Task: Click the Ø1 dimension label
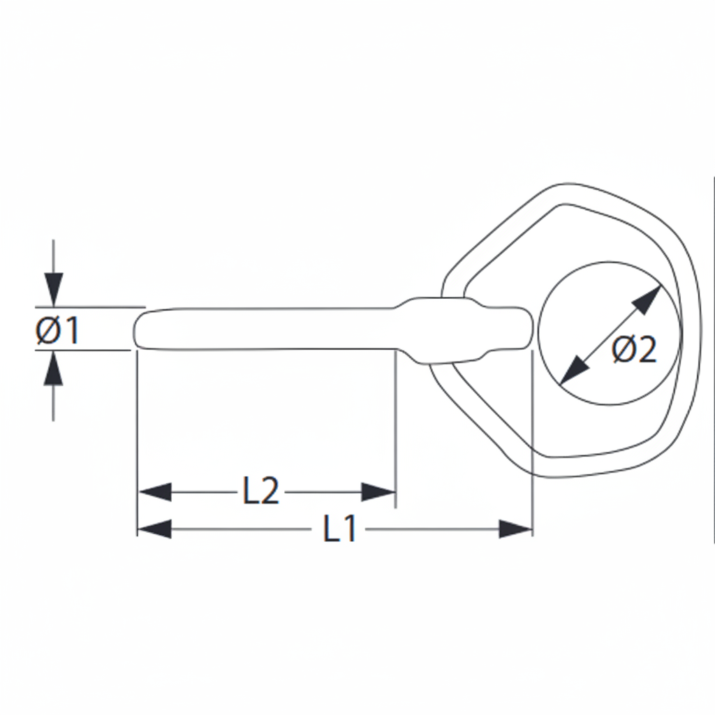pyautogui.click(x=57, y=330)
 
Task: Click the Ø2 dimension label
pyautogui.click(x=634, y=349)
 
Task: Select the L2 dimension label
pyautogui.click(x=260, y=492)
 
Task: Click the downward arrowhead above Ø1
pyautogui.click(x=54, y=290)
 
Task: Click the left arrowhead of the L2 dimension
pyautogui.click(x=154, y=492)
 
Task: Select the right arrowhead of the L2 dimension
pyautogui.click(x=378, y=492)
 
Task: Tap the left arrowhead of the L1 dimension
pyautogui.click(x=154, y=529)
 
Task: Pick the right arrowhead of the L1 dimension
pyautogui.click(x=516, y=529)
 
